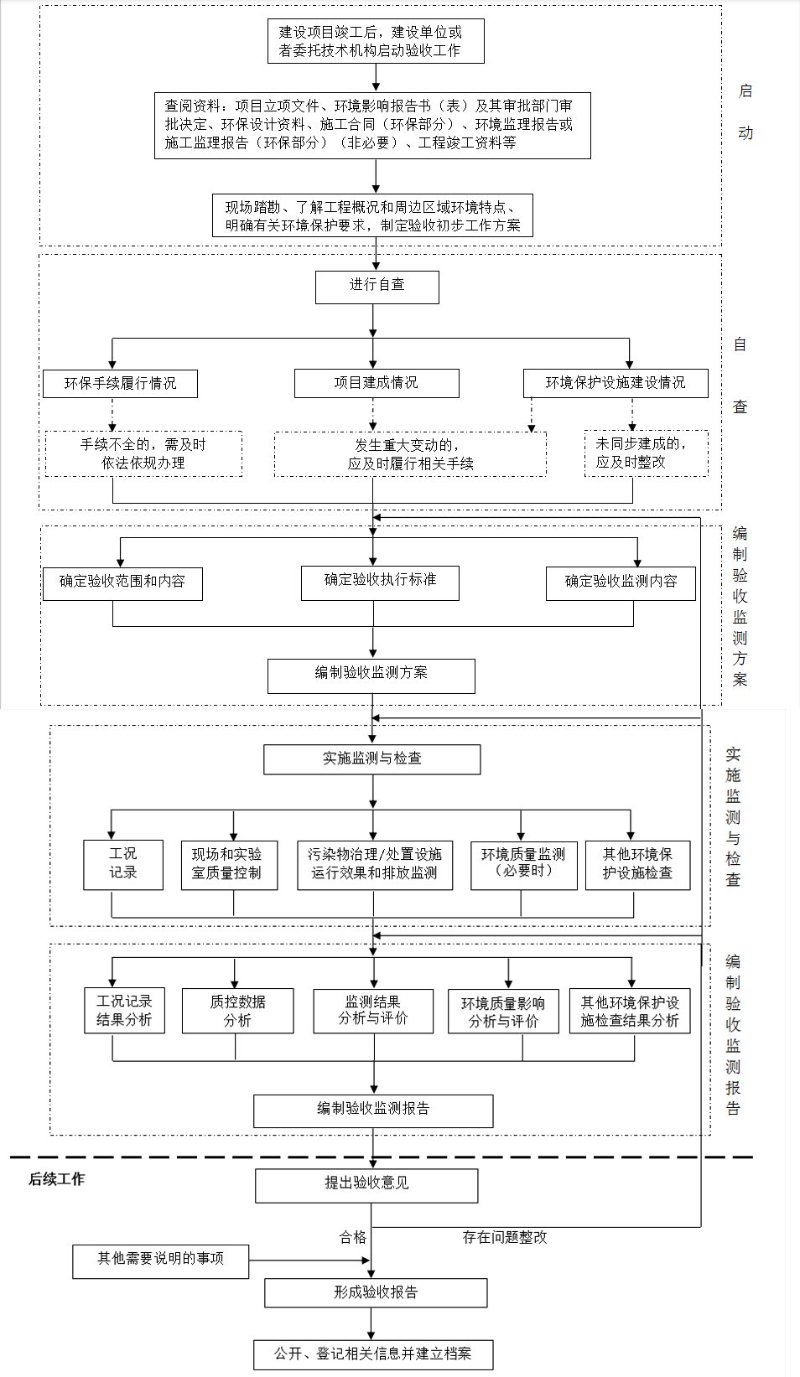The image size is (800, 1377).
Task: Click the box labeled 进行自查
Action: [x=377, y=287]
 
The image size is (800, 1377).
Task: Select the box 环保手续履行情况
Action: [x=120, y=384]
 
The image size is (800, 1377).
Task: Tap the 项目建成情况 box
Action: [x=377, y=383]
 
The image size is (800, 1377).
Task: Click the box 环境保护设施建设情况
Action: [x=616, y=383]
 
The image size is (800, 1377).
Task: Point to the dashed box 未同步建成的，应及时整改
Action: [x=647, y=453]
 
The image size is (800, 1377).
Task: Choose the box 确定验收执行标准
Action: [x=380, y=582]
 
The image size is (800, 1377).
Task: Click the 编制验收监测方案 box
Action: [x=371, y=676]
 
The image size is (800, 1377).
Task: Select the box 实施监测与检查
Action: [x=372, y=760]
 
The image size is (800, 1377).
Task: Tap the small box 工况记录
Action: [x=123, y=865]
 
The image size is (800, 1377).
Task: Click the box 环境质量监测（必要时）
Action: [x=524, y=866]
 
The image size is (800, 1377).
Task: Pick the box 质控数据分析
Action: [x=237, y=1011]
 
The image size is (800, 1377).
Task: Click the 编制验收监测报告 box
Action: [x=373, y=1110]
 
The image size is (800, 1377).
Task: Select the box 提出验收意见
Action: [x=366, y=1186]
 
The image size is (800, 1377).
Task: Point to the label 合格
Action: [x=353, y=1237]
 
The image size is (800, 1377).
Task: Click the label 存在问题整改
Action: [x=505, y=1237]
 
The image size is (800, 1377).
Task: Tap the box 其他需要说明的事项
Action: [x=160, y=1262]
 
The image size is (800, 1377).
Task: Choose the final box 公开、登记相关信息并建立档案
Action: [x=373, y=1354]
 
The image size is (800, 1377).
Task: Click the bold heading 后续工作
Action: [x=56, y=1178]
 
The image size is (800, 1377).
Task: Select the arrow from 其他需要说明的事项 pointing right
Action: [x=309, y=1261]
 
